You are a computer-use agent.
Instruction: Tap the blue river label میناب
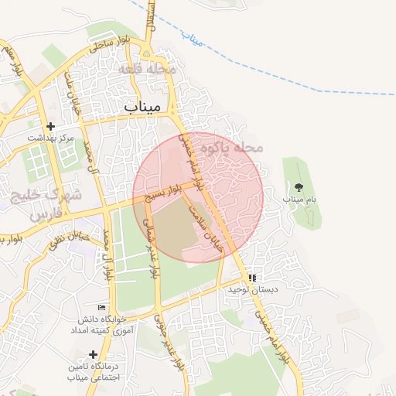pyautogui.click(x=191, y=36)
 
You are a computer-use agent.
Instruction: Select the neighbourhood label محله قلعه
pyautogui.click(x=147, y=69)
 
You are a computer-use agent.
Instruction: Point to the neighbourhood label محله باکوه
pyautogui.click(x=231, y=146)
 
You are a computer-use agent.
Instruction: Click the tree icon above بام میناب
pyautogui.click(x=299, y=187)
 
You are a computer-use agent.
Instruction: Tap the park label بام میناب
pyautogui.click(x=299, y=200)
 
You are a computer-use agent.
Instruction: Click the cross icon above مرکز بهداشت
pyautogui.click(x=51, y=126)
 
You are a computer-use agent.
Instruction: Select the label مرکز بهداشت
pyautogui.click(x=50, y=138)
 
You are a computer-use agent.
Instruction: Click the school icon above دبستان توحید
pyautogui.click(x=251, y=278)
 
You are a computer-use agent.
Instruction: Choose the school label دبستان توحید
pyautogui.click(x=251, y=289)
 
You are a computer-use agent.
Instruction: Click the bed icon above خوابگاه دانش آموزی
pyautogui.click(x=101, y=307)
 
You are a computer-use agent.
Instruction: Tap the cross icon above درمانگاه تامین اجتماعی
pyautogui.click(x=93, y=353)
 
